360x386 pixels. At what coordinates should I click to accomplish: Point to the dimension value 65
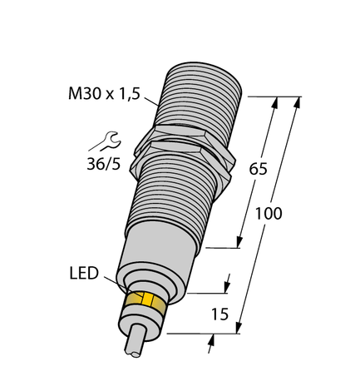(259, 169)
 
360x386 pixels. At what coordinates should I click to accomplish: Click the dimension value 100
(268, 213)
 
